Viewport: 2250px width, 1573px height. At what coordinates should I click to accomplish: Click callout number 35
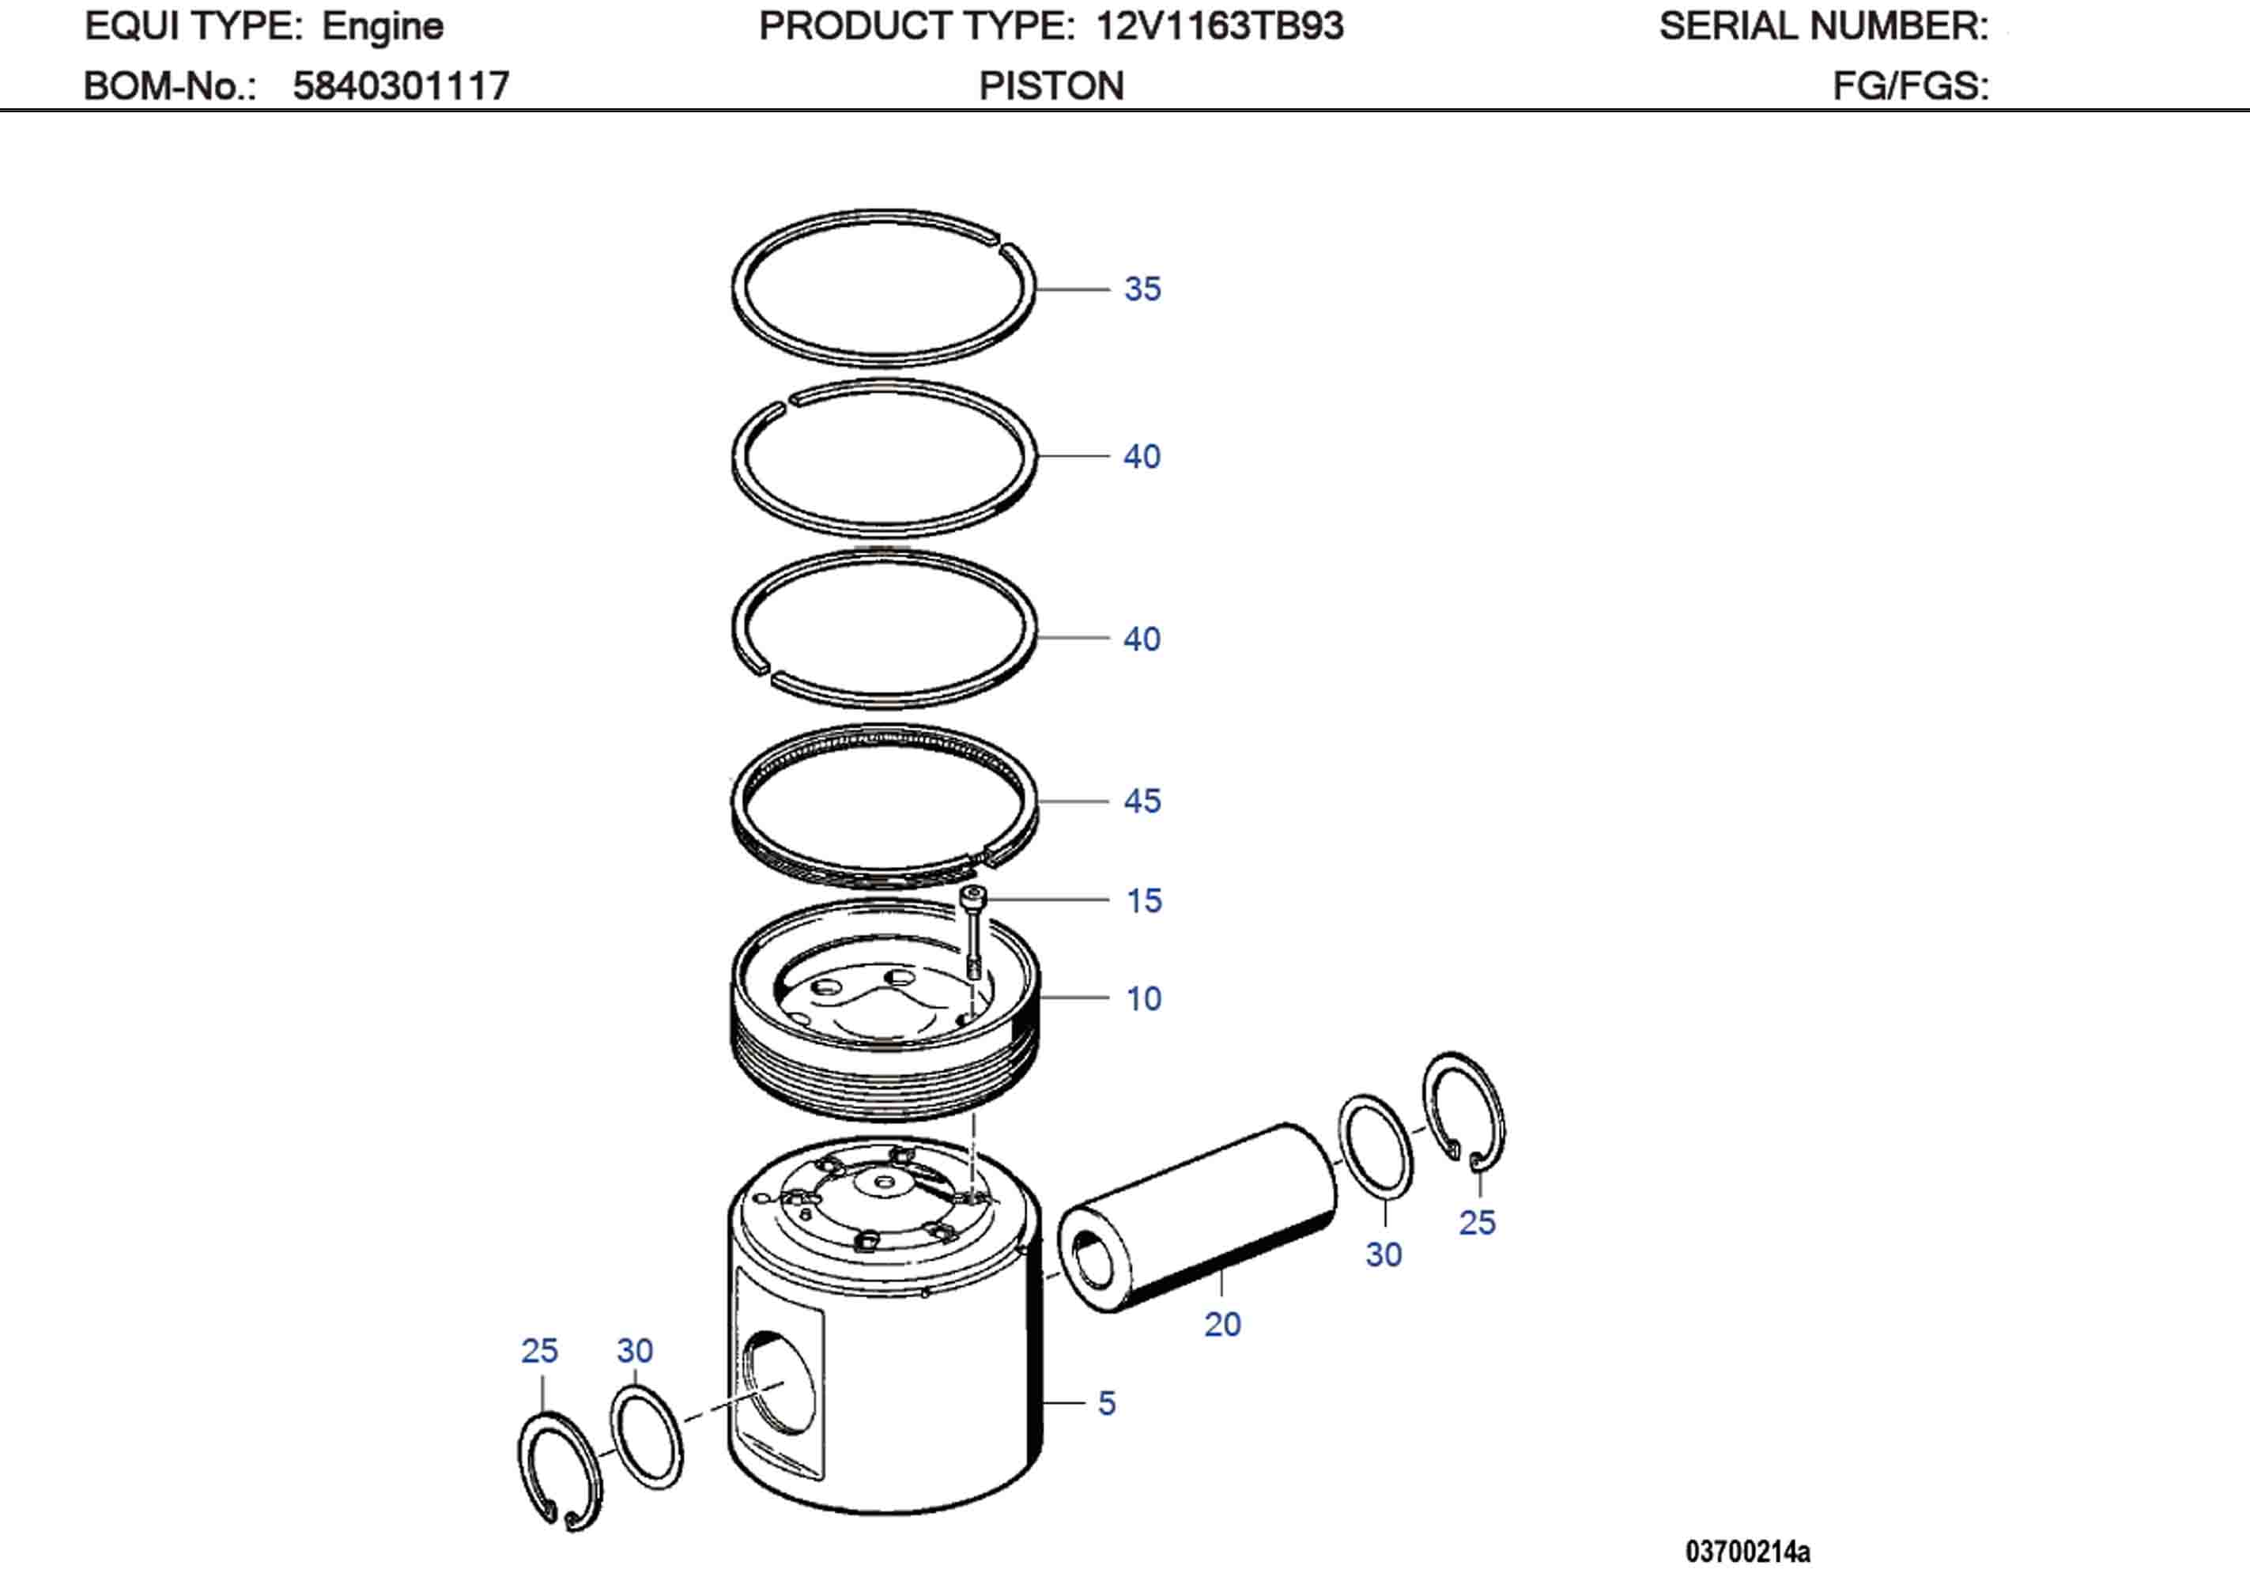1142,289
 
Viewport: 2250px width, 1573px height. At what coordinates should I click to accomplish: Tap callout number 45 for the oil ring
1142,801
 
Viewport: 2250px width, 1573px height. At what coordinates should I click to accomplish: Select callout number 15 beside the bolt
1144,900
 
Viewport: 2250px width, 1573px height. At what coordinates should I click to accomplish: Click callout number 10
1144,998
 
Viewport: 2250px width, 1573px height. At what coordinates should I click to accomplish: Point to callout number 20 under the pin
1222,1324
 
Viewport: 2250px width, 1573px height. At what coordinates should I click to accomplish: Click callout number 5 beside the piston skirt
1106,1404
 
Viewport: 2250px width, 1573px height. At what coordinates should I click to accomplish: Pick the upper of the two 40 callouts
1142,457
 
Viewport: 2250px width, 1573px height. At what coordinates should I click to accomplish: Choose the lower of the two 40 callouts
1142,639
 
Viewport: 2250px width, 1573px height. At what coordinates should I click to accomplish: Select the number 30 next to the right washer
1384,1254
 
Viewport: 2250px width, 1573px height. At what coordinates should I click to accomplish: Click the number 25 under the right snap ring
1477,1222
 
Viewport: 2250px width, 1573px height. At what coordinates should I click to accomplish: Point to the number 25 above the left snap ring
539,1351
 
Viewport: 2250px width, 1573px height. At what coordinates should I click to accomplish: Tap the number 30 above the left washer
634,1351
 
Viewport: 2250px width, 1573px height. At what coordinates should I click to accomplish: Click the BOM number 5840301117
401,86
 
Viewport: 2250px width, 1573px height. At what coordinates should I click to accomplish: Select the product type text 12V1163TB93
1219,26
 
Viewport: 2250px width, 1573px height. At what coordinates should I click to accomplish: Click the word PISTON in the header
1051,86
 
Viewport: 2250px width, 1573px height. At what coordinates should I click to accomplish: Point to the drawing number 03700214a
1747,1552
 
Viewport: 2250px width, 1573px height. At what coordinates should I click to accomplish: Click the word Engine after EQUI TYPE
382,26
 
